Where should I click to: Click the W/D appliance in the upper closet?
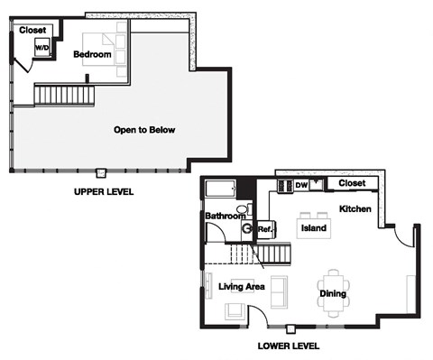tap(42, 47)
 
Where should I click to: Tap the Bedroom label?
tap(93, 55)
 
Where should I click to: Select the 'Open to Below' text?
tap(144, 130)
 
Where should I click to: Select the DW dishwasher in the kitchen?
tap(301, 186)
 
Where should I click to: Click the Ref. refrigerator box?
tap(265, 230)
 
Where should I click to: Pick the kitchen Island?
tap(312, 229)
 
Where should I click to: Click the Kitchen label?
tap(355, 209)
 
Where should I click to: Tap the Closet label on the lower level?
tap(351, 184)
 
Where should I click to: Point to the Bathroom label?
tap(225, 217)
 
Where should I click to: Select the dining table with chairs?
tap(334, 291)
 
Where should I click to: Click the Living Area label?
tap(241, 287)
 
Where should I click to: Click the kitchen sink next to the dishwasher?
tap(284, 186)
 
